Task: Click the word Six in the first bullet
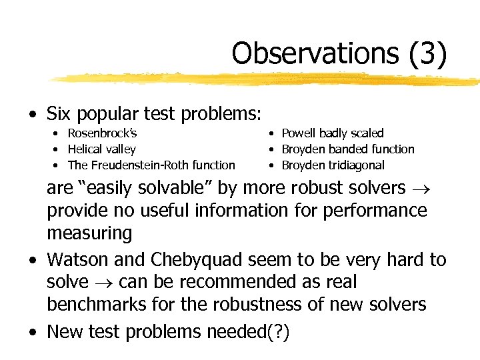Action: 60,114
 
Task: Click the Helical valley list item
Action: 101,149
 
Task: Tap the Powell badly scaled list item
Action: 333,133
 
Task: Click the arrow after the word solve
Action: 105,283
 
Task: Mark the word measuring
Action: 89,233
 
